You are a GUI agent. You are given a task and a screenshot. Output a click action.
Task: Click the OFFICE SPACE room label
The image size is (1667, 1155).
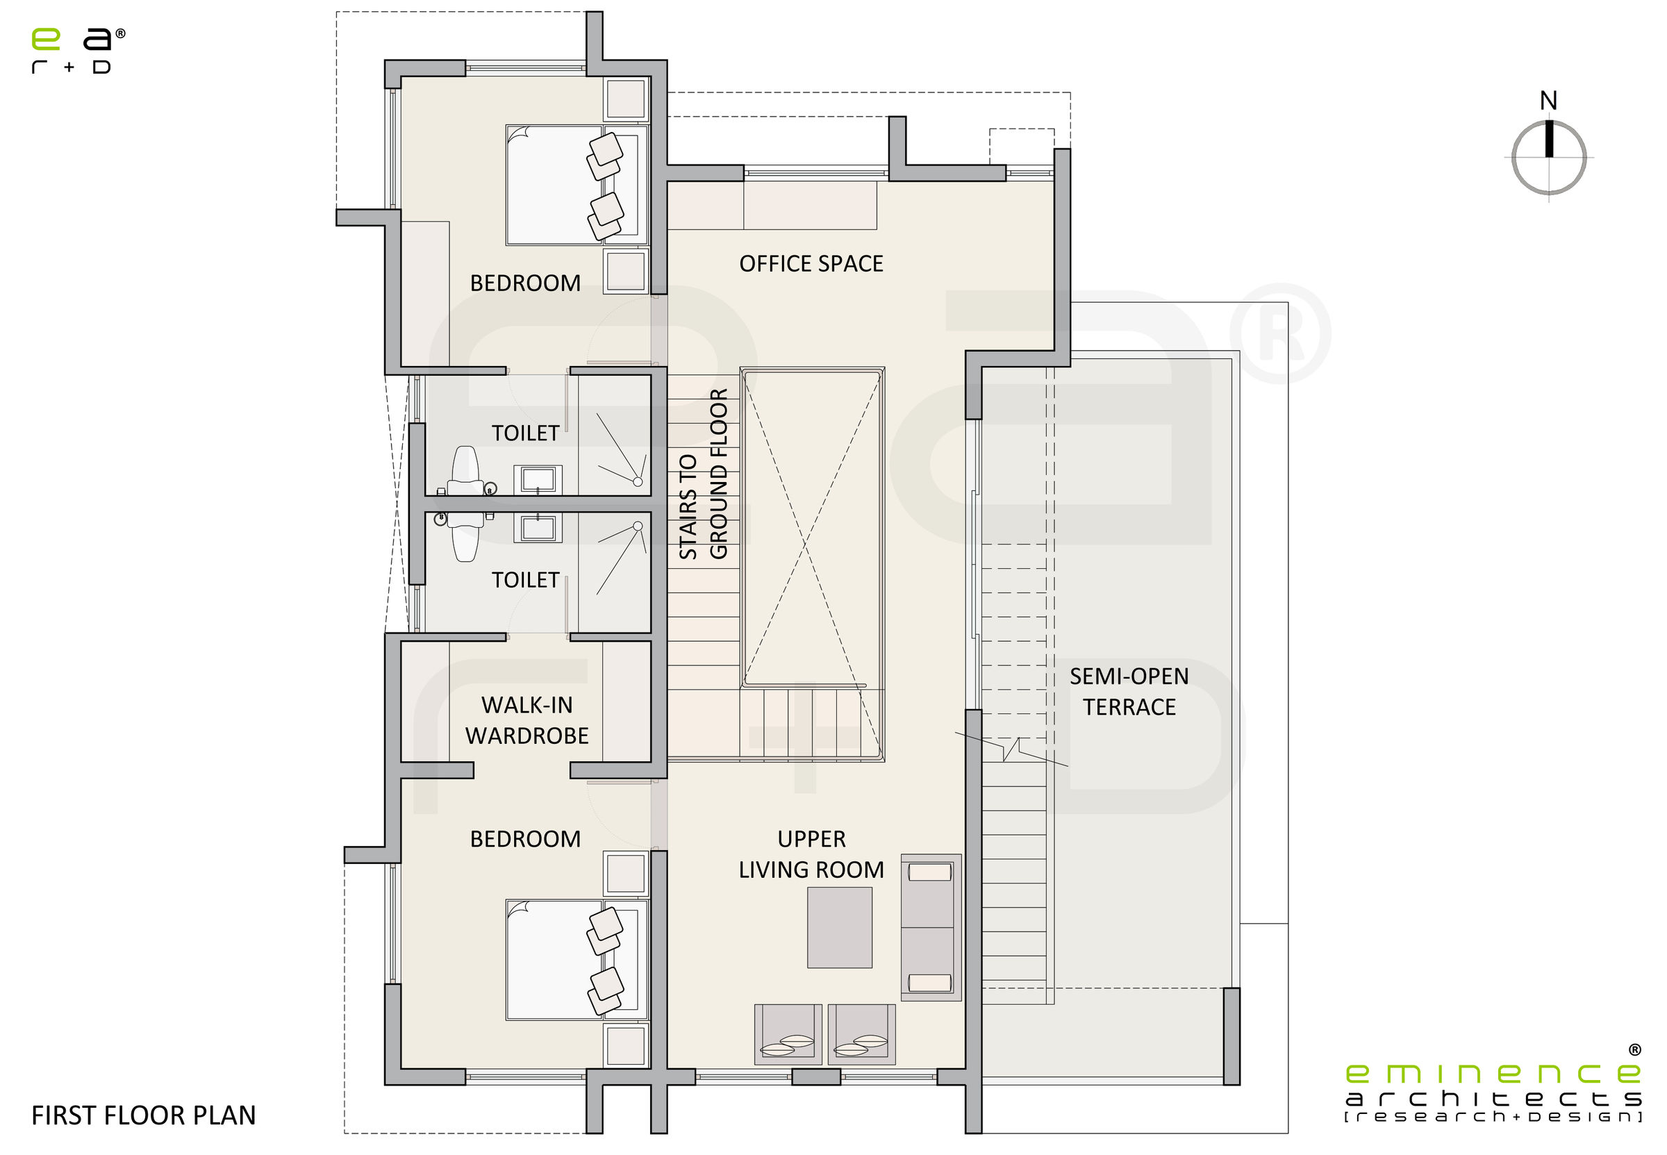(811, 263)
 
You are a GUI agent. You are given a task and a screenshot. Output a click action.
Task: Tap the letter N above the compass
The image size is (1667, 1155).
(1548, 101)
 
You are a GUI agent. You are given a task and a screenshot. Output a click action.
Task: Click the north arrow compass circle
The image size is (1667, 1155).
(1548, 158)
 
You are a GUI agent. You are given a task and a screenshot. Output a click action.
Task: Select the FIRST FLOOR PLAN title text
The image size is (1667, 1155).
(143, 1115)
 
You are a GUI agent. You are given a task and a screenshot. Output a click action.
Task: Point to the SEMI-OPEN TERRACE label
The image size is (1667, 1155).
(1129, 691)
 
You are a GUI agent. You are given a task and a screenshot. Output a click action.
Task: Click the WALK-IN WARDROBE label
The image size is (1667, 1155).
(526, 720)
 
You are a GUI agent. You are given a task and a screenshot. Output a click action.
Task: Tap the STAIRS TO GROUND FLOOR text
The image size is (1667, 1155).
(702, 474)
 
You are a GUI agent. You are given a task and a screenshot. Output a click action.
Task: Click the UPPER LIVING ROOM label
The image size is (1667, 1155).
(811, 854)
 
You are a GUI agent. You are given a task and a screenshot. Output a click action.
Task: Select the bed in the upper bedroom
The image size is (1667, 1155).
(564, 185)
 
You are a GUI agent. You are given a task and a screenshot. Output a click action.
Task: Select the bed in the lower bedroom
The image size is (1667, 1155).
(564, 959)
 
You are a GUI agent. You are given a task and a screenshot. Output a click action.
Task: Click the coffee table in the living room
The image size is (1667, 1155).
(839, 927)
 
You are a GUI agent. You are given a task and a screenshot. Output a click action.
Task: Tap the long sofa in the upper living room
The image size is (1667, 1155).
(931, 927)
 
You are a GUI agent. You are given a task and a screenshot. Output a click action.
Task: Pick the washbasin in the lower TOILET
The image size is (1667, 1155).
(538, 528)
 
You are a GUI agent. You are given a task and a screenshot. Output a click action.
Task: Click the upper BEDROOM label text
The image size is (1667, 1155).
(525, 283)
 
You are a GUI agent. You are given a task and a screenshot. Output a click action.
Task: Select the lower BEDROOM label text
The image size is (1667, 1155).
(525, 839)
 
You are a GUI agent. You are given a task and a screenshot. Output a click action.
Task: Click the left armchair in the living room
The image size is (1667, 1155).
(788, 1033)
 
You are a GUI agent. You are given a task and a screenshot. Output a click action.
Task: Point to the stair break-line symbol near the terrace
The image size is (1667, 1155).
(1011, 749)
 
